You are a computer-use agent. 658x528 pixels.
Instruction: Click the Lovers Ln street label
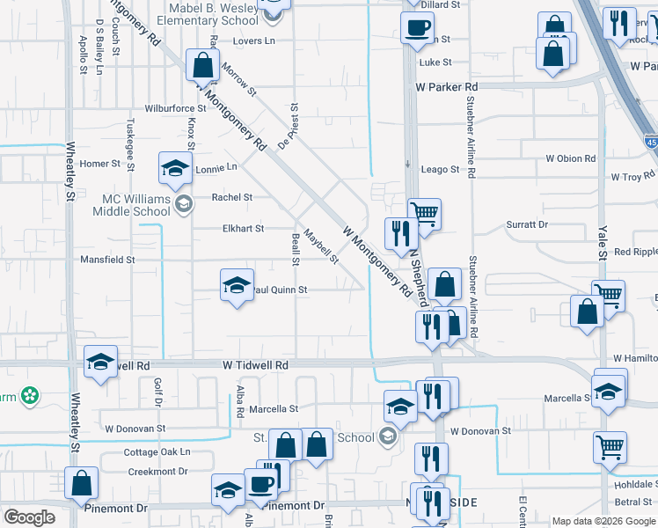point(254,40)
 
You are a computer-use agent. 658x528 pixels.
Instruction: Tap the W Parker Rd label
point(447,87)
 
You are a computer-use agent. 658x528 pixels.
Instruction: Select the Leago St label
point(440,169)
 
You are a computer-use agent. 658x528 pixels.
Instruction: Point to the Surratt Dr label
point(527,224)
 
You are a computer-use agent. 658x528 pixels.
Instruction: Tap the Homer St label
point(99,164)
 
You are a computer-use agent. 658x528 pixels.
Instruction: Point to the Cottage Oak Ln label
point(157,452)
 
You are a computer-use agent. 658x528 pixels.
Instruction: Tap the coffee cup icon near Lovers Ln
point(416,26)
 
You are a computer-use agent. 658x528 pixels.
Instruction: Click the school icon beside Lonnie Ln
point(175,167)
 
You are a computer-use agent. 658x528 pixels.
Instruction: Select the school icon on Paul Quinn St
point(237,285)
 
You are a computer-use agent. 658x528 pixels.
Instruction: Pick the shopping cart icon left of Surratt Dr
point(425,212)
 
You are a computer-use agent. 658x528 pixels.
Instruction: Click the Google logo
point(30,517)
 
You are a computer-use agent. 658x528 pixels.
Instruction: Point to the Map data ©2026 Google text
point(603,521)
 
